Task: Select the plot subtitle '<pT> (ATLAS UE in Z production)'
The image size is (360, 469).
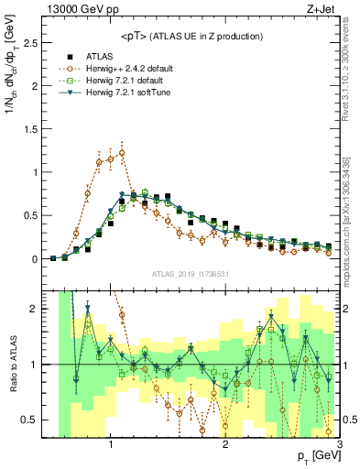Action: pos(191,36)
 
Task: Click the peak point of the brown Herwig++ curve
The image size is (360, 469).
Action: pos(122,153)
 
